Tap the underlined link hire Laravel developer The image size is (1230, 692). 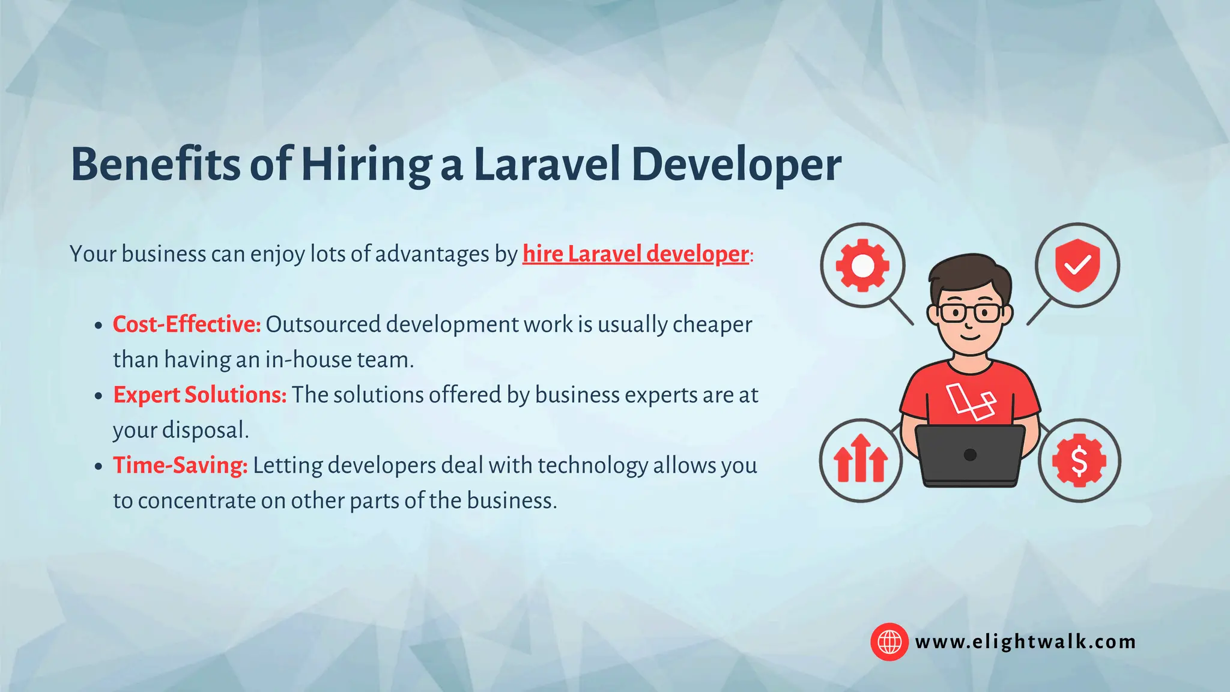635,254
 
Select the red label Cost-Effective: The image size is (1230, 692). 187,324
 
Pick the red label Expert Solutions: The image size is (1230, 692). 200,395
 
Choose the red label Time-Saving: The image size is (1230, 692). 180,466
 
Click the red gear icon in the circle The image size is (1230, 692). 862,266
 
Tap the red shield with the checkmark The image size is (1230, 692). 1077,265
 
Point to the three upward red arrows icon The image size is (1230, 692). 861,460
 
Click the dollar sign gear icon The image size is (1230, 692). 1079,461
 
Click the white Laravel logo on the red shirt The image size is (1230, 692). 971,401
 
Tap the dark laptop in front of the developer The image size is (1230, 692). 970,455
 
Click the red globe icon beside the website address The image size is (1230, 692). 889,642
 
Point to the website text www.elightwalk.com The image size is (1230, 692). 1025,642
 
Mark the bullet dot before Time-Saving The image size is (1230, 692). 99,467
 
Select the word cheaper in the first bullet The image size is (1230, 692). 712,324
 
